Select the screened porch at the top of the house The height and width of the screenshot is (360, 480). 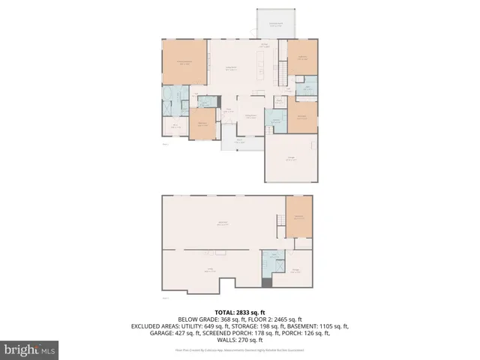(x=276, y=24)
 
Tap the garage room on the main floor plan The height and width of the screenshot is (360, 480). (x=292, y=158)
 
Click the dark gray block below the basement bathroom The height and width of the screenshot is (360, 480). (x=268, y=282)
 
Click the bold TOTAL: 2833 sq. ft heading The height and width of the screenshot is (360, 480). (x=240, y=310)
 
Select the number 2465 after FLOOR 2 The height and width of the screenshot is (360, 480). (x=281, y=319)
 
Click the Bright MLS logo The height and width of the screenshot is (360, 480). (x=30, y=349)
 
